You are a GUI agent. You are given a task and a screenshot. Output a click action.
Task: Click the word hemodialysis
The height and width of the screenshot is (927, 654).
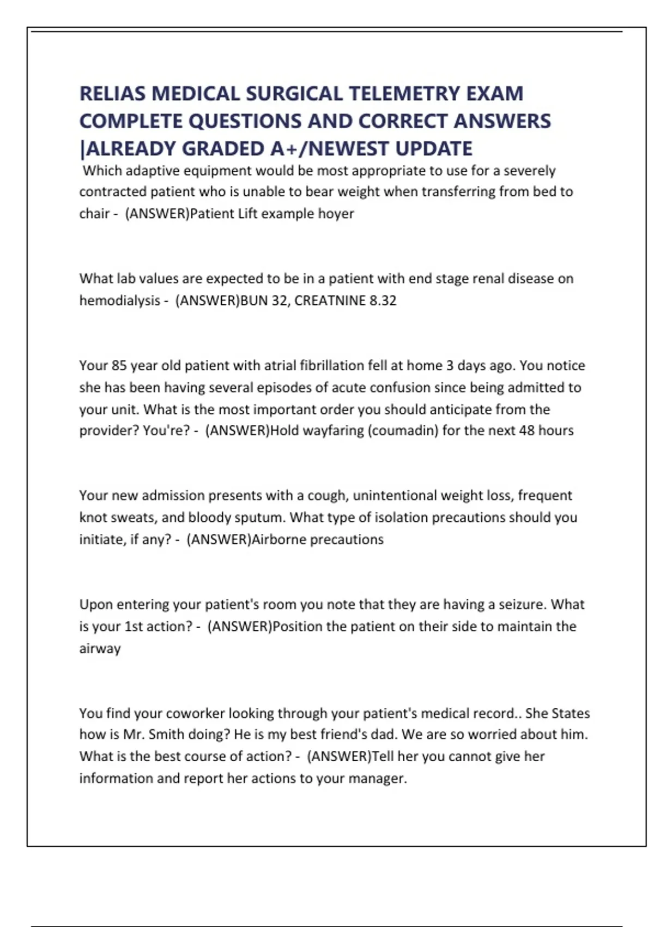point(120,300)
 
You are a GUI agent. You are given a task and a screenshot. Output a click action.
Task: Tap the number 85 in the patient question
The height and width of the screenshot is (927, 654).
point(119,365)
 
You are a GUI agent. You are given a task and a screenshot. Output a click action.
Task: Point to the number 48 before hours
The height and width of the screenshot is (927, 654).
point(526,431)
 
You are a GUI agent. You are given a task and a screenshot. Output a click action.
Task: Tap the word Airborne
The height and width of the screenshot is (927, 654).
point(278,539)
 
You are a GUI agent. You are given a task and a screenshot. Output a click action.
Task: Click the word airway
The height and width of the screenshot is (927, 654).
point(100,648)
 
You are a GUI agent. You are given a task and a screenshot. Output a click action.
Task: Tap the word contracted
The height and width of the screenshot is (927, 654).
point(113,192)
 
